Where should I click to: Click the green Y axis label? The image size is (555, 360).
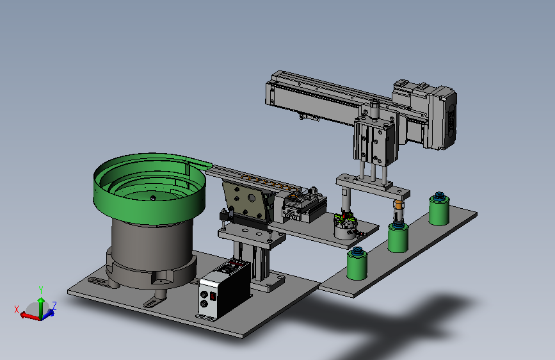(41, 291)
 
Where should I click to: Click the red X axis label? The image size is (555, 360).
(17, 309)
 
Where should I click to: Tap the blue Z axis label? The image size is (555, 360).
(54, 306)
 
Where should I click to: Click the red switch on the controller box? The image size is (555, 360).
(213, 296)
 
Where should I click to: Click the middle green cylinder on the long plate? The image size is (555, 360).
(398, 238)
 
